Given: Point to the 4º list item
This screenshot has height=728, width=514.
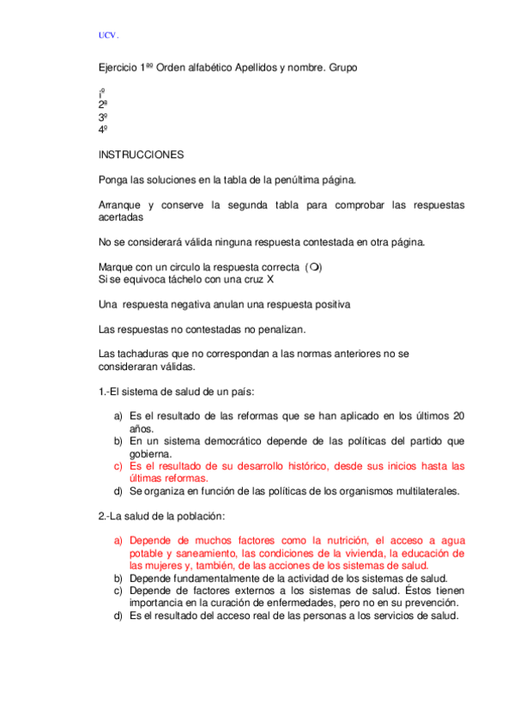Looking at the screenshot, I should (102, 130).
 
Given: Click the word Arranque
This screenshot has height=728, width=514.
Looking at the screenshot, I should (119, 205).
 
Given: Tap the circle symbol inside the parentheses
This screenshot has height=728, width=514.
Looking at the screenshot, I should (316, 267).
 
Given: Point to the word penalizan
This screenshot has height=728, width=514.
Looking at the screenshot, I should (281, 330).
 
